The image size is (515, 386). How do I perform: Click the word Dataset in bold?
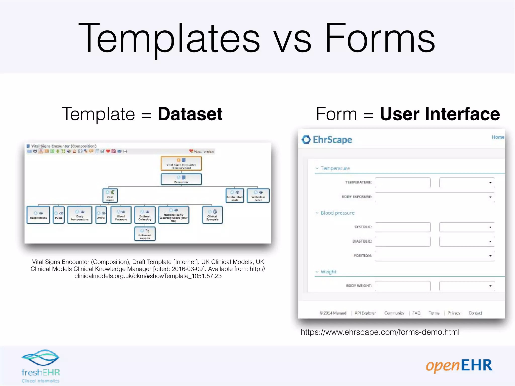point(190,114)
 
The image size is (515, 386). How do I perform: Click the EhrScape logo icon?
point(306,139)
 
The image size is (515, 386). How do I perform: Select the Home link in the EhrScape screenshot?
point(498,137)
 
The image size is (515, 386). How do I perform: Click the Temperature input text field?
point(403,182)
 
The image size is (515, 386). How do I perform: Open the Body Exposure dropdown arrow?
point(490,197)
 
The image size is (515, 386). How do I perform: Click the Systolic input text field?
point(403,227)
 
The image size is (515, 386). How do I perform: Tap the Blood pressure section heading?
point(337,213)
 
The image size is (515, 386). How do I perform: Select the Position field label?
point(362,256)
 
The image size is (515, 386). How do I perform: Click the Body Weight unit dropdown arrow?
point(490,286)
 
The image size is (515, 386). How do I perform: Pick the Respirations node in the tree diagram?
point(38,215)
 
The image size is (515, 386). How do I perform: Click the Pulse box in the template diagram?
point(59,215)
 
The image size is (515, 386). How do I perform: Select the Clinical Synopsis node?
point(212,215)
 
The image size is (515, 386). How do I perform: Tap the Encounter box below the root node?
point(181,179)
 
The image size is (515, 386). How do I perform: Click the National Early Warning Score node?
point(174,215)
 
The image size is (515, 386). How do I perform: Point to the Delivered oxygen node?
point(145,234)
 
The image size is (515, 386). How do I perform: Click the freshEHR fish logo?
point(40,358)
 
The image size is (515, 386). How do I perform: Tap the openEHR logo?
point(459,366)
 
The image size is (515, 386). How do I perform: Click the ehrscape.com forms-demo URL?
point(380,332)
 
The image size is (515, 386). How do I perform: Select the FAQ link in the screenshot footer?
point(416,313)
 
